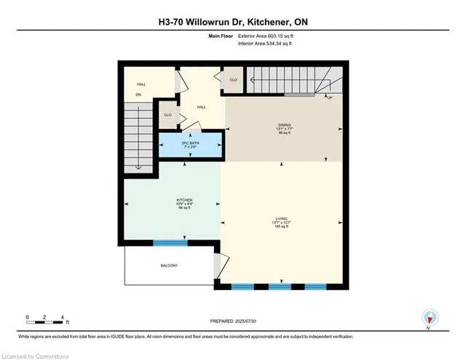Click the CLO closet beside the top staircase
point(234,80)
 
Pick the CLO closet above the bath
point(167,115)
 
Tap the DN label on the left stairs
point(136,95)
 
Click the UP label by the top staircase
point(330,97)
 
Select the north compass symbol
point(430,318)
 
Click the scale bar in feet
point(46,318)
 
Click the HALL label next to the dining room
point(201,107)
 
